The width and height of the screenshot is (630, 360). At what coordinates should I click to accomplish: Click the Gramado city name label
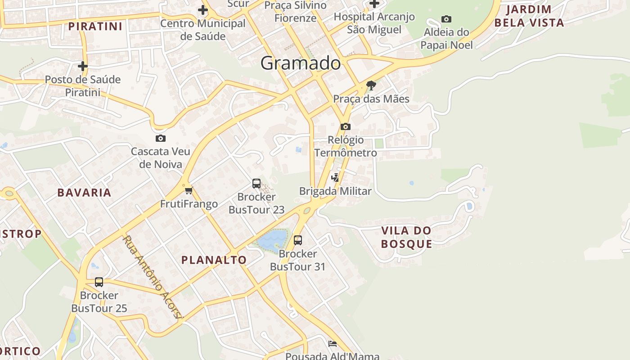click(x=301, y=63)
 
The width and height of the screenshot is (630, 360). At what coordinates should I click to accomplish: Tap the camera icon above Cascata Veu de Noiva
click(x=161, y=138)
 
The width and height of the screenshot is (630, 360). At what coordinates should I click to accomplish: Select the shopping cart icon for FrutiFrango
click(x=189, y=191)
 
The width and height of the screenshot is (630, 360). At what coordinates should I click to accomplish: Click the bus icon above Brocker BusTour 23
click(x=256, y=184)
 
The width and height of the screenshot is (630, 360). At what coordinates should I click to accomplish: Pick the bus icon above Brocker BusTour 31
click(x=297, y=240)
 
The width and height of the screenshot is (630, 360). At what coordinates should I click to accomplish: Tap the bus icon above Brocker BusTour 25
click(x=99, y=282)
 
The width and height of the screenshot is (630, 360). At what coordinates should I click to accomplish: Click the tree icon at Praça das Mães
click(x=371, y=85)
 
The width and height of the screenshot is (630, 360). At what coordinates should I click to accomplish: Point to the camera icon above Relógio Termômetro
click(x=346, y=126)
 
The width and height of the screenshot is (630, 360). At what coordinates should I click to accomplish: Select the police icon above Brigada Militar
click(x=335, y=177)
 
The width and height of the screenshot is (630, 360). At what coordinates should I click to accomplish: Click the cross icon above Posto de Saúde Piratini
click(x=83, y=66)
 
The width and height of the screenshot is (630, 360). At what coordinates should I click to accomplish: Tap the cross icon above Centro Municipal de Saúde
click(x=203, y=9)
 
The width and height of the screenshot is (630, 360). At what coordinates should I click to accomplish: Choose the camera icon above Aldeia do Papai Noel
click(x=446, y=19)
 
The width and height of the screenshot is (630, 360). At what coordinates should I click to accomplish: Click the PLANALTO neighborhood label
click(x=214, y=260)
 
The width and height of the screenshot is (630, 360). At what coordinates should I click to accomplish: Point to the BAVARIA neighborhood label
click(x=84, y=193)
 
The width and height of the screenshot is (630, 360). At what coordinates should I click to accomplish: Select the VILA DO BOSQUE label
click(x=406, y=237)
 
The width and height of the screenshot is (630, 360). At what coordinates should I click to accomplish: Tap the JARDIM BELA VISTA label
click(x=529, y=16)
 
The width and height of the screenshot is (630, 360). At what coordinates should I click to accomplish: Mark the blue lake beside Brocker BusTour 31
click(x=273, y=240)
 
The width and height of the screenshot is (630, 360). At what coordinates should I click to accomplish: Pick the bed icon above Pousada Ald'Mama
click(x=332, y=344)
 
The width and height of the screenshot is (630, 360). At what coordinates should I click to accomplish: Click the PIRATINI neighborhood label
click(x=95, y=26)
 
